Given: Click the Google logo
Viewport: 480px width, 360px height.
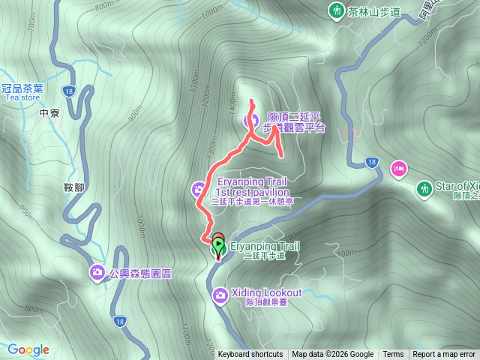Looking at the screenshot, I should click(28, 349).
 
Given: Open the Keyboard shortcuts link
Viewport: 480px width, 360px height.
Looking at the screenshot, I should click(250, 355).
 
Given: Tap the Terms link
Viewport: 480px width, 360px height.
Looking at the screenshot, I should click(393, 355).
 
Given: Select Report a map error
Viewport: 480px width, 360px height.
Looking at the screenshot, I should click(444, 355).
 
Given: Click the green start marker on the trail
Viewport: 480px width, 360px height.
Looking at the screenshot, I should click(218, 245).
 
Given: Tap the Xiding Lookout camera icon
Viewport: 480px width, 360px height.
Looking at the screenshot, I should click(220, 295).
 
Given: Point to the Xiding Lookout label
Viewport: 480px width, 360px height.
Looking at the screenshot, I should click(268, 292).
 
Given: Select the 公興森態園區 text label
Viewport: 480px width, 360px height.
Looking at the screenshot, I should click(140, 274).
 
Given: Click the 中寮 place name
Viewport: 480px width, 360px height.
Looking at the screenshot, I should click(49, 113).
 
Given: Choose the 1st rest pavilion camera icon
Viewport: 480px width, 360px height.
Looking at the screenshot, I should click(199, 188).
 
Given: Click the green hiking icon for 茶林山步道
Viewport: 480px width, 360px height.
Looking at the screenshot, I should click(335, 11).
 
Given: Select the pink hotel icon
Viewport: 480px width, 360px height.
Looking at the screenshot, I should click(397, 167).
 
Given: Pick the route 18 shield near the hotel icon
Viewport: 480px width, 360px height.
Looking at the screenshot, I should click(372, 162).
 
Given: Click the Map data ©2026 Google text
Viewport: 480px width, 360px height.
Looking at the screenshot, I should click(333, 355).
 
